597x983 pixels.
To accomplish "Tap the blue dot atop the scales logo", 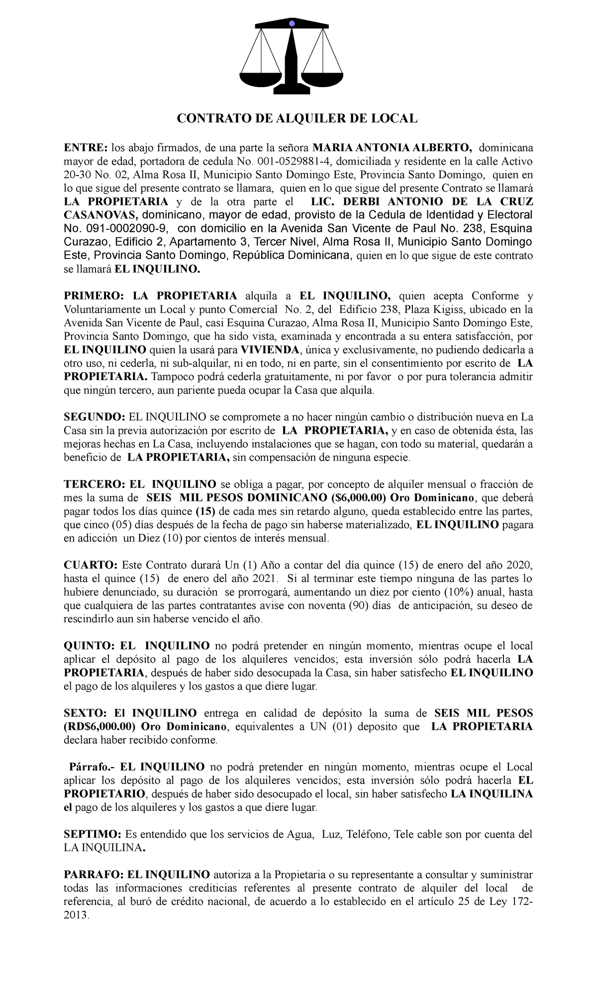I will pos(292,23).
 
